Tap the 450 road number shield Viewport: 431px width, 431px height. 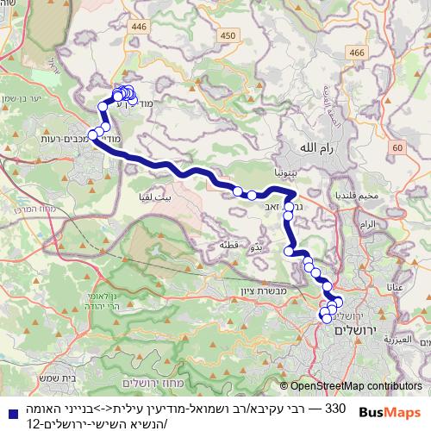point(227,34)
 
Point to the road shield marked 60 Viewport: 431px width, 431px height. point(396,148)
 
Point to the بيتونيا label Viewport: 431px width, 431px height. point(286,173)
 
